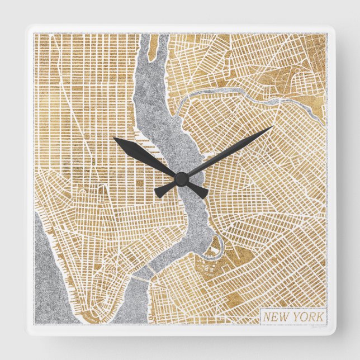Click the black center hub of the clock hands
[180, 179]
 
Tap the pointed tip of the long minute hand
[273, 127]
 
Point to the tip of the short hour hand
[114, 139]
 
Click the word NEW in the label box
[274, 317]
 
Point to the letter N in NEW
[266, 317]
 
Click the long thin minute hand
[235, 148]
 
